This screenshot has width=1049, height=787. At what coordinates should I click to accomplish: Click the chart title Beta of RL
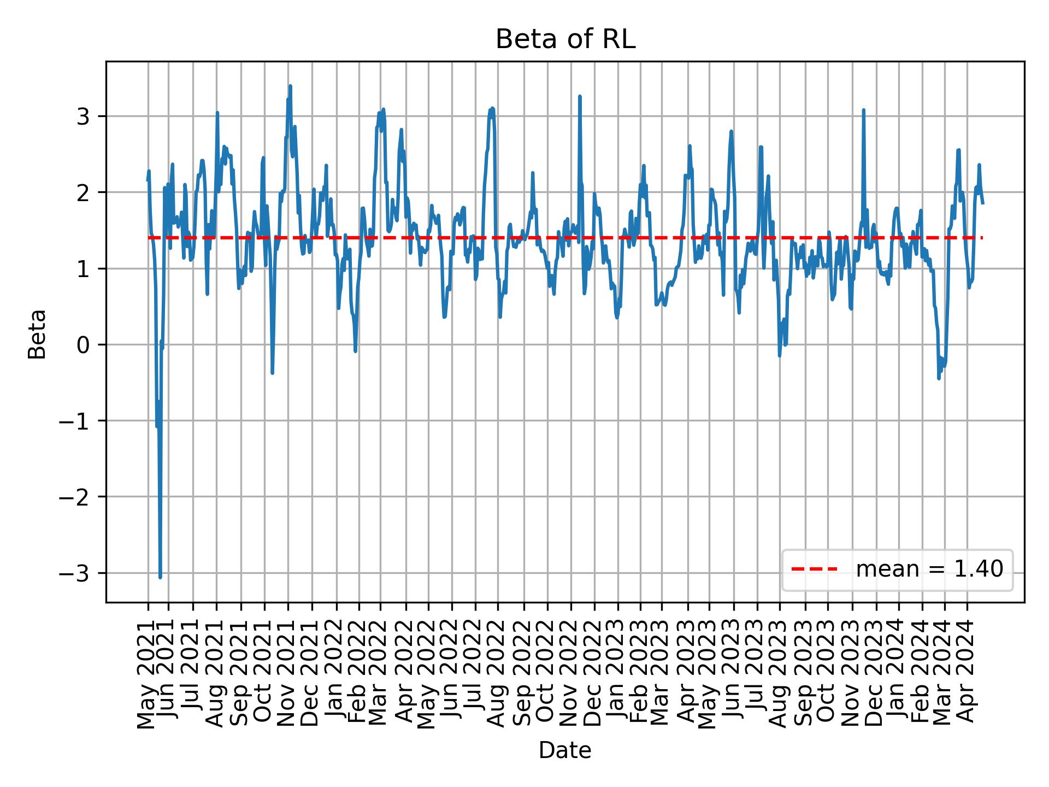[x=565, y=39]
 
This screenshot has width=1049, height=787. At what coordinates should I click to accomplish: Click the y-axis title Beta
[x=37, y=334]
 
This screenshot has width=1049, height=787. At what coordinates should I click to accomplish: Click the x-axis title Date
[x=565, y=750]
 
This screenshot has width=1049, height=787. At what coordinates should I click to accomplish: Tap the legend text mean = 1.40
[x=929, y=569]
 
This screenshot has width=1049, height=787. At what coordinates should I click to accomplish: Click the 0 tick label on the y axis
[x=82, y=345]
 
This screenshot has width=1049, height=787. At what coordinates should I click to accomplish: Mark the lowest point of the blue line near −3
[x=160, y=577]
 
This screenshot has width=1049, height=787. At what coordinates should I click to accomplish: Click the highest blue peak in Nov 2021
[x=290, y=86]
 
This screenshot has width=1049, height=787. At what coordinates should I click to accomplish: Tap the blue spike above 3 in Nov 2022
[x=580, y=97]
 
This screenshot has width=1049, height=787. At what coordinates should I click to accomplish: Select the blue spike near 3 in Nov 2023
[x=863, y=110]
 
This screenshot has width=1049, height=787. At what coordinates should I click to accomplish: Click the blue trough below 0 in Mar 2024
[x=939, y=378]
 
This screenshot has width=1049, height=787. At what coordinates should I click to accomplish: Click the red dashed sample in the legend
[x=814, y=569]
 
